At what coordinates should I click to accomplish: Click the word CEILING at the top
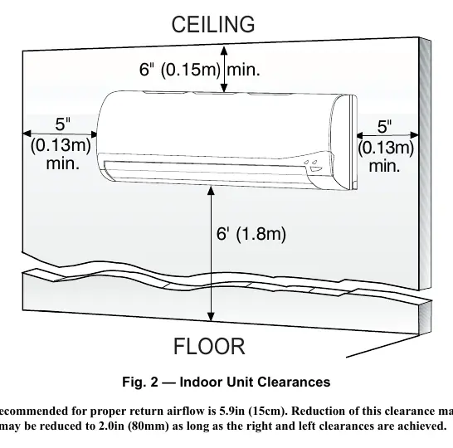pyautogui.click(x=213, y=25)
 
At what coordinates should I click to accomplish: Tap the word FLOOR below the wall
pyautogui.click(x=209, y=346)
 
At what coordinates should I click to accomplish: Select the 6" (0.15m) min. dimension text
pyautogui.click(x=200, y=70)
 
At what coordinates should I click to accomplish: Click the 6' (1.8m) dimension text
pyautogui.click(x=251, y=234)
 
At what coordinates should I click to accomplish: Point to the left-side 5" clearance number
pyautogui.click(x=63, y=124)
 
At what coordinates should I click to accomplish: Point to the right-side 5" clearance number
pyautogui.click(x=384, y=126)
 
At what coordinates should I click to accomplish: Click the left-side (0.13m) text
pyautogui.click(x=61, y=145)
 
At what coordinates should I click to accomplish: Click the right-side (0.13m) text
pyautogui.click(x=386, y=148)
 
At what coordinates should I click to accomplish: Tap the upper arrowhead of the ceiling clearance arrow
pyautogui.click(x=224, y=51)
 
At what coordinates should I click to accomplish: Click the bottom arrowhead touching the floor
pyautogui.click(x=212, y=316)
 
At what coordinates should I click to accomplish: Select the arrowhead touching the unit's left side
pyautogui.click(x=94, y=134)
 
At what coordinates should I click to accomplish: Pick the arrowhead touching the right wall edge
pyautogui.click(x=415, y=135)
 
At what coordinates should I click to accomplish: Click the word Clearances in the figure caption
pyautogui.click(x=294, y=382)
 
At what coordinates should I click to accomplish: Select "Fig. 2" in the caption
pyautogui.click(x=140, y=382)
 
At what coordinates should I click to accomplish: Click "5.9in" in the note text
pyautogui.click(x=231, y=411)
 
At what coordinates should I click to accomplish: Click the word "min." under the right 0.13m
pyautogui.click(x=384, y=166)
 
